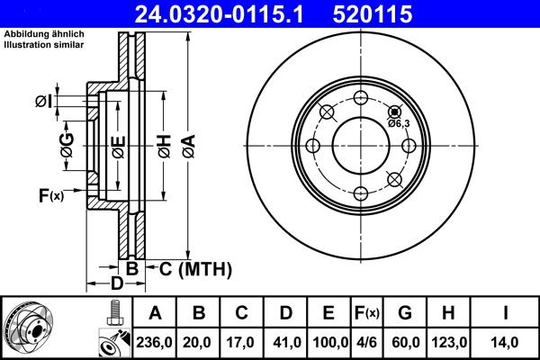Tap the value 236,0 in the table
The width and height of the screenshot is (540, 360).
(155, 342)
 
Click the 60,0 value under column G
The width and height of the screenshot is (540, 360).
(405, 342)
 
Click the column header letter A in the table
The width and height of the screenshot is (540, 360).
(155, 313)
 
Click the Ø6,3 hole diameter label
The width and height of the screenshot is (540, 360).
(399, 122)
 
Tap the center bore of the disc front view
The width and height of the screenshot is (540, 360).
(360, 146)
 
